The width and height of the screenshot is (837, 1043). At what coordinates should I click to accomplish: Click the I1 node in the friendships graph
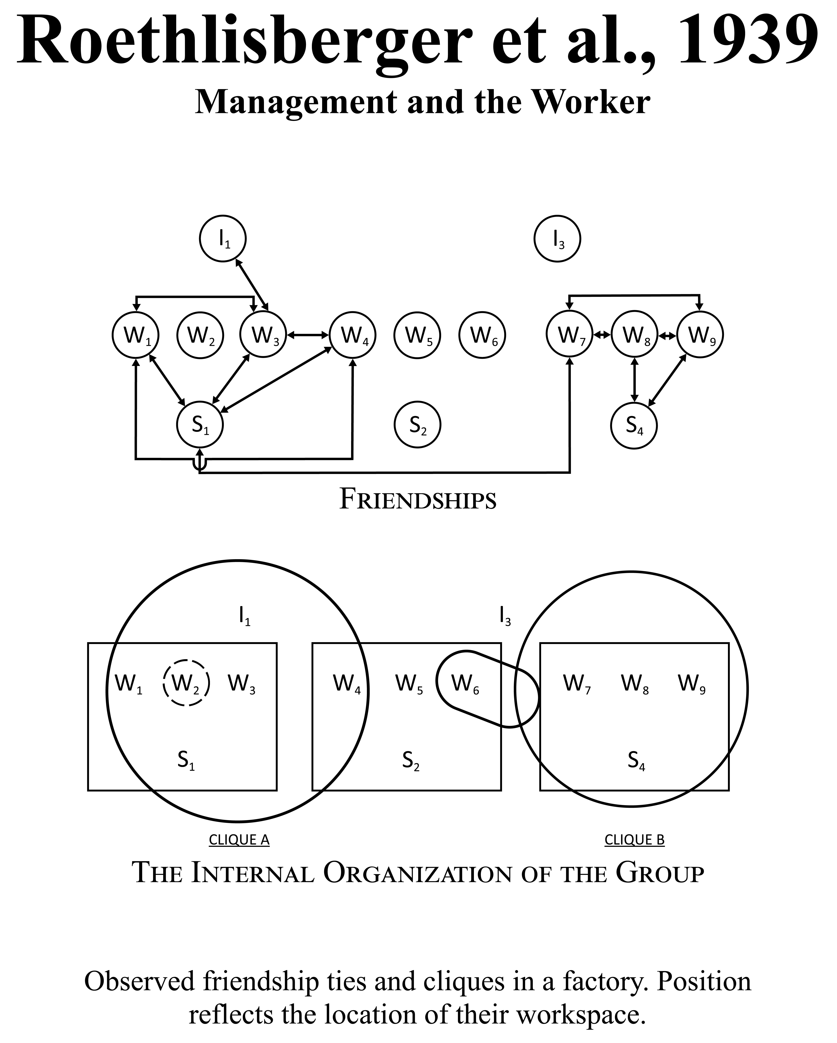tap(223, 239)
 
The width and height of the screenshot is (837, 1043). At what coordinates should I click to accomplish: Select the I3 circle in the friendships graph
tap(557, 239)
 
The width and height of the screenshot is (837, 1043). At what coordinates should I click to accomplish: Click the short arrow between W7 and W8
tap(602, 335)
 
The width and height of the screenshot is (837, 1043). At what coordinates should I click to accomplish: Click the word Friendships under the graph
tap(418, 499)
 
